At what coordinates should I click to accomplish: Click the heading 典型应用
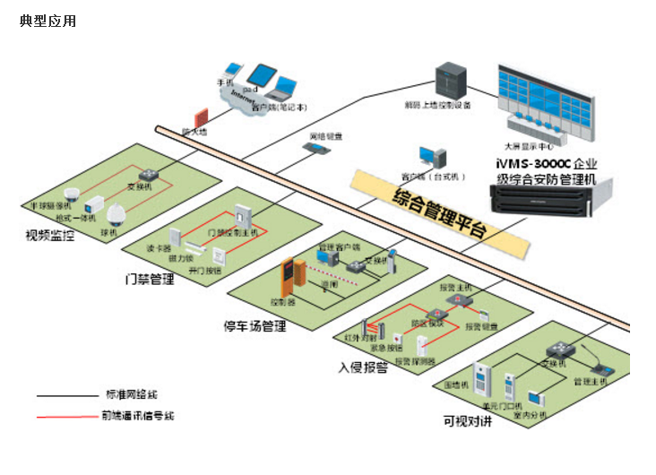click(47, 21)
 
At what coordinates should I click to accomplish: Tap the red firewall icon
click(202, 117)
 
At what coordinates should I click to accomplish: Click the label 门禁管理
click(149, 279)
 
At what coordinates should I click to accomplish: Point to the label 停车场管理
click(255, 326)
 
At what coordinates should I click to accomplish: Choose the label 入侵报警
click(363, 367)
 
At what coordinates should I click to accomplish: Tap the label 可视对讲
click(467, 421)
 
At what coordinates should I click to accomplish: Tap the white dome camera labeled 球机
click(115, 212)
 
